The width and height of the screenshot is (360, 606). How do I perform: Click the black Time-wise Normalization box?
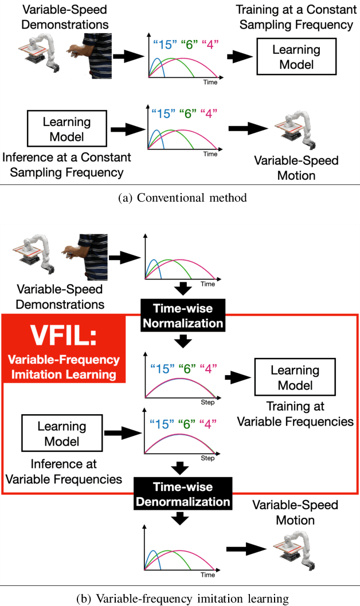[183, 316]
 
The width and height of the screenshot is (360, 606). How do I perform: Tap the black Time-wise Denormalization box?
[183, 494]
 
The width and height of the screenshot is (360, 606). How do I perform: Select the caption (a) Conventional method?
[181, 198]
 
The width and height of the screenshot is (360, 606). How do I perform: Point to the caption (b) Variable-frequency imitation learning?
[182, 599]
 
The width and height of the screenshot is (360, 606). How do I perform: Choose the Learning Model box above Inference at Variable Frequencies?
[58, 433]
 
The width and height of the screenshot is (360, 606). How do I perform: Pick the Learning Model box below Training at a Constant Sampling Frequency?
[297, 57]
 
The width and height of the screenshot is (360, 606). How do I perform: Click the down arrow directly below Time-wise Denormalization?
[182, 518]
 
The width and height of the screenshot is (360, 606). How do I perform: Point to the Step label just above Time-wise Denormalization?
[208, 458]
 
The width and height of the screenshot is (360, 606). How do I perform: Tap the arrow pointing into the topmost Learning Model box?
[240, 57]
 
